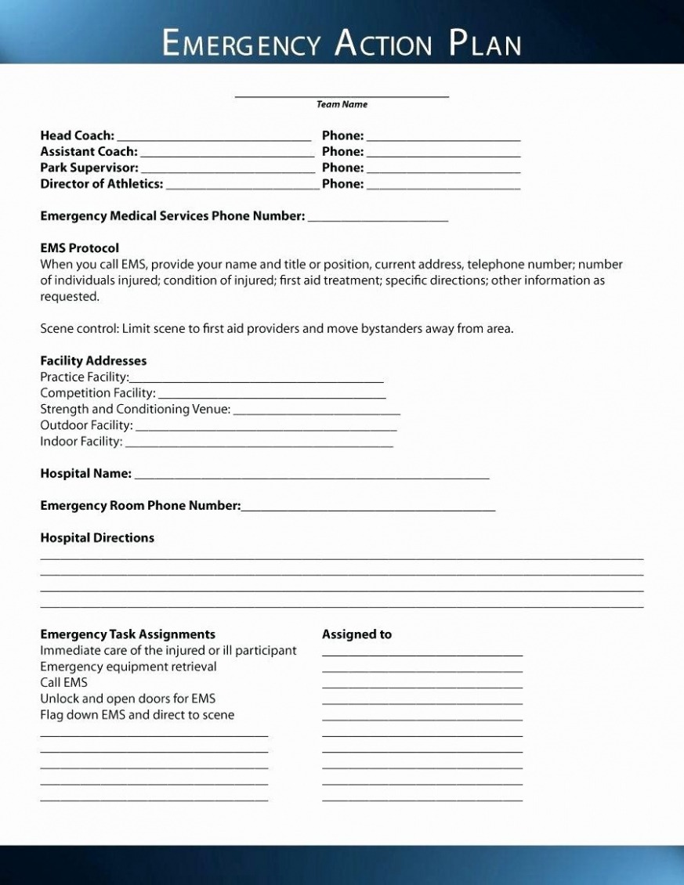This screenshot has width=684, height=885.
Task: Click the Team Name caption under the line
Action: coord(342,105)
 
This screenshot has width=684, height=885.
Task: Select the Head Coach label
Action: coord(77,135)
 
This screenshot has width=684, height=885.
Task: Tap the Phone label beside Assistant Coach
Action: coord(342,152)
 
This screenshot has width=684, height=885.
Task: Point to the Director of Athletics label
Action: coord(102,184)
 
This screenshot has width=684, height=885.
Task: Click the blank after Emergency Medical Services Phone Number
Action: coord(378,219)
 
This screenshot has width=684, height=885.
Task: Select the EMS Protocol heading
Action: coord(79,248)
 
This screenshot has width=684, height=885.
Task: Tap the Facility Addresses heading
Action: coord(93,361)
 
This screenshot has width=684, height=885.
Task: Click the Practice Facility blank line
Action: coord(257,380)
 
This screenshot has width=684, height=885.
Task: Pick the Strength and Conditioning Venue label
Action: coord(135,410)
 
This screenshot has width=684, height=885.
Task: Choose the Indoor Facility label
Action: coord(81,442)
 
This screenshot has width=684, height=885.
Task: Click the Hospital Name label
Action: coord(85,474)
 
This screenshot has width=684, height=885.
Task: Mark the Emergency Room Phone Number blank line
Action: coord(368,509)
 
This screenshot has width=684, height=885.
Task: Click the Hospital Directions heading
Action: coord(97,538)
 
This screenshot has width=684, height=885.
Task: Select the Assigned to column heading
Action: coord(356,634)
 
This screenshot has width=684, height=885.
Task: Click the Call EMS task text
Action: coord(63,683)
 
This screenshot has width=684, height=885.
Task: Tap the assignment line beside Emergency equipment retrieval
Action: coord(422,670)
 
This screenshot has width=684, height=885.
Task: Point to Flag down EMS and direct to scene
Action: coord(137,715)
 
